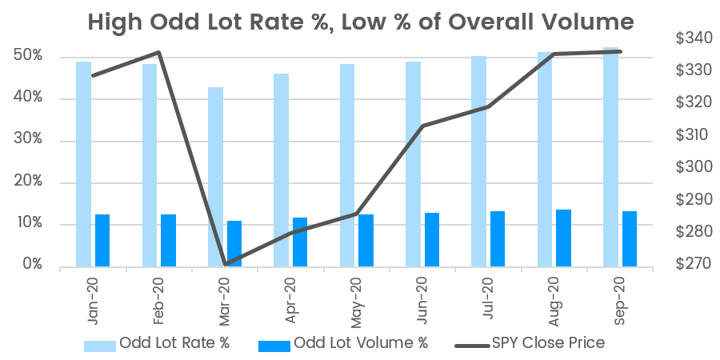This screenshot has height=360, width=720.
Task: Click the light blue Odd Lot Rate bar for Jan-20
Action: click(x=83, y=163)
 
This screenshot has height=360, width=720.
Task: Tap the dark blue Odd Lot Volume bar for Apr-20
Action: click(x=300, y=242)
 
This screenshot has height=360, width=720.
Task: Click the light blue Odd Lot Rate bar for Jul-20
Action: click(x=478, y=161)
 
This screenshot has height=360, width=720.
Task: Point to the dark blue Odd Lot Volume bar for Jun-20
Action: click(x=432, y=239)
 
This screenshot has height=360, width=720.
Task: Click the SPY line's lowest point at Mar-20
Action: click(x=225, y=264)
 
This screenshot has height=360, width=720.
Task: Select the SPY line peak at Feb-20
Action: click(x=159, y=53)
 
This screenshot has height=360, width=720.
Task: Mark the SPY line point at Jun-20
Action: click(x=422, y=126)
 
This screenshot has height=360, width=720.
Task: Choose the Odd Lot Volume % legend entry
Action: click(x=344, y=343)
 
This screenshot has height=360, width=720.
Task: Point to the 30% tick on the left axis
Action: click(x=29, y=141)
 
